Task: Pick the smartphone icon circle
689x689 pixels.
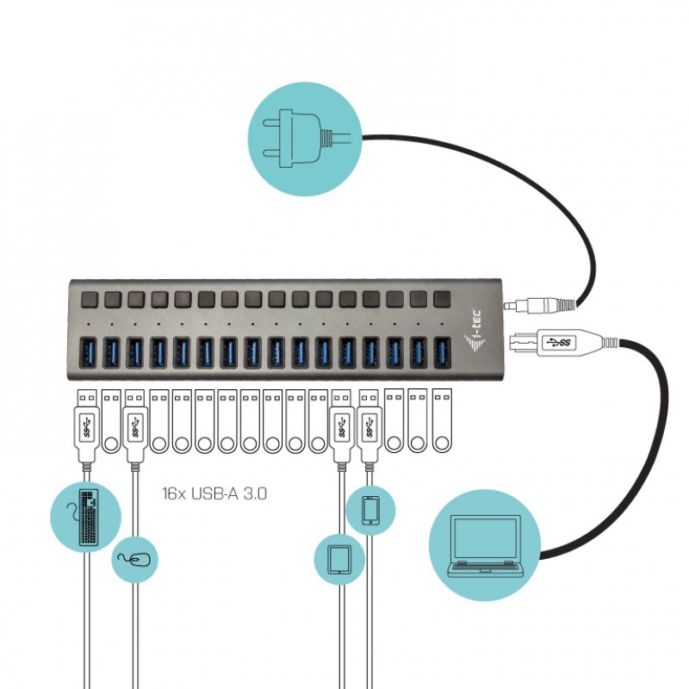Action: point(371,510)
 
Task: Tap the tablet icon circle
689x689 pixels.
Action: point(340,559)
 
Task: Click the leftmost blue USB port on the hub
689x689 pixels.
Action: point(89,352)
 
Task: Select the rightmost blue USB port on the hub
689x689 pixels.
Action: point(441,352)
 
